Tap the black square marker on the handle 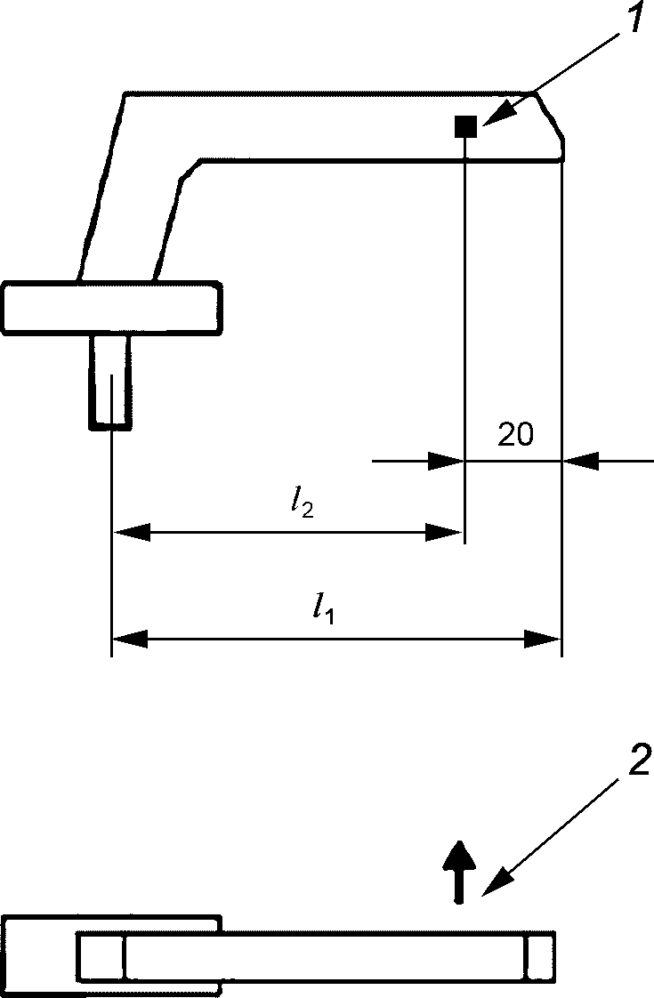pyautogui.click(x=465, y=126)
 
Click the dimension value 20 pyautogui.click(x=516, y=435)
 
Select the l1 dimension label pyautogui.click(x=324, y=608)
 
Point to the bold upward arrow pyautogui.click(x=459, y=872)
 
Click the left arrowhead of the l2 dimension pyautogui.click(x=131, y=532)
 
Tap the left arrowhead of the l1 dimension pyautogui.click(x=130, y=639)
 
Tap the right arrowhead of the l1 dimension pyautogui.click(x=543, y=639)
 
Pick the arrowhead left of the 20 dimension pyautogui.click(x=447, y=461)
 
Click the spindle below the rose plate pyautogui.click(x=111, y=381)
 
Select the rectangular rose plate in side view pyautogui.click(x=112, y=308)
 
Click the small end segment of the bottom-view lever pyautogui.click(x=541, y=956)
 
